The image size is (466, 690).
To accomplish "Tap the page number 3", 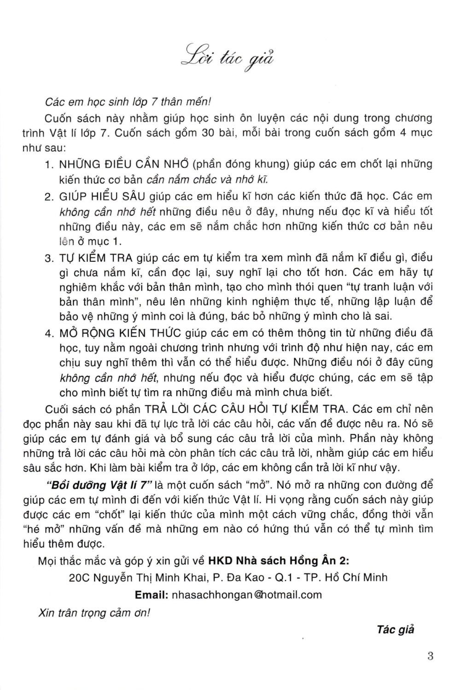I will click(430, 656).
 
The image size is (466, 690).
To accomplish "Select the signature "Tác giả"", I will click(395, 630).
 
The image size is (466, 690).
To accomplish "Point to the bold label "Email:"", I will click(151, 594).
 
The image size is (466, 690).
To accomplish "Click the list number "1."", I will click(50, 165).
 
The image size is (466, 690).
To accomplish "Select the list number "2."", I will click(50, 197).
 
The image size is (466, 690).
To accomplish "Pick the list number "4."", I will click(50, 333).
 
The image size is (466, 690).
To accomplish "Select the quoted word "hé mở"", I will click(39, 529).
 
